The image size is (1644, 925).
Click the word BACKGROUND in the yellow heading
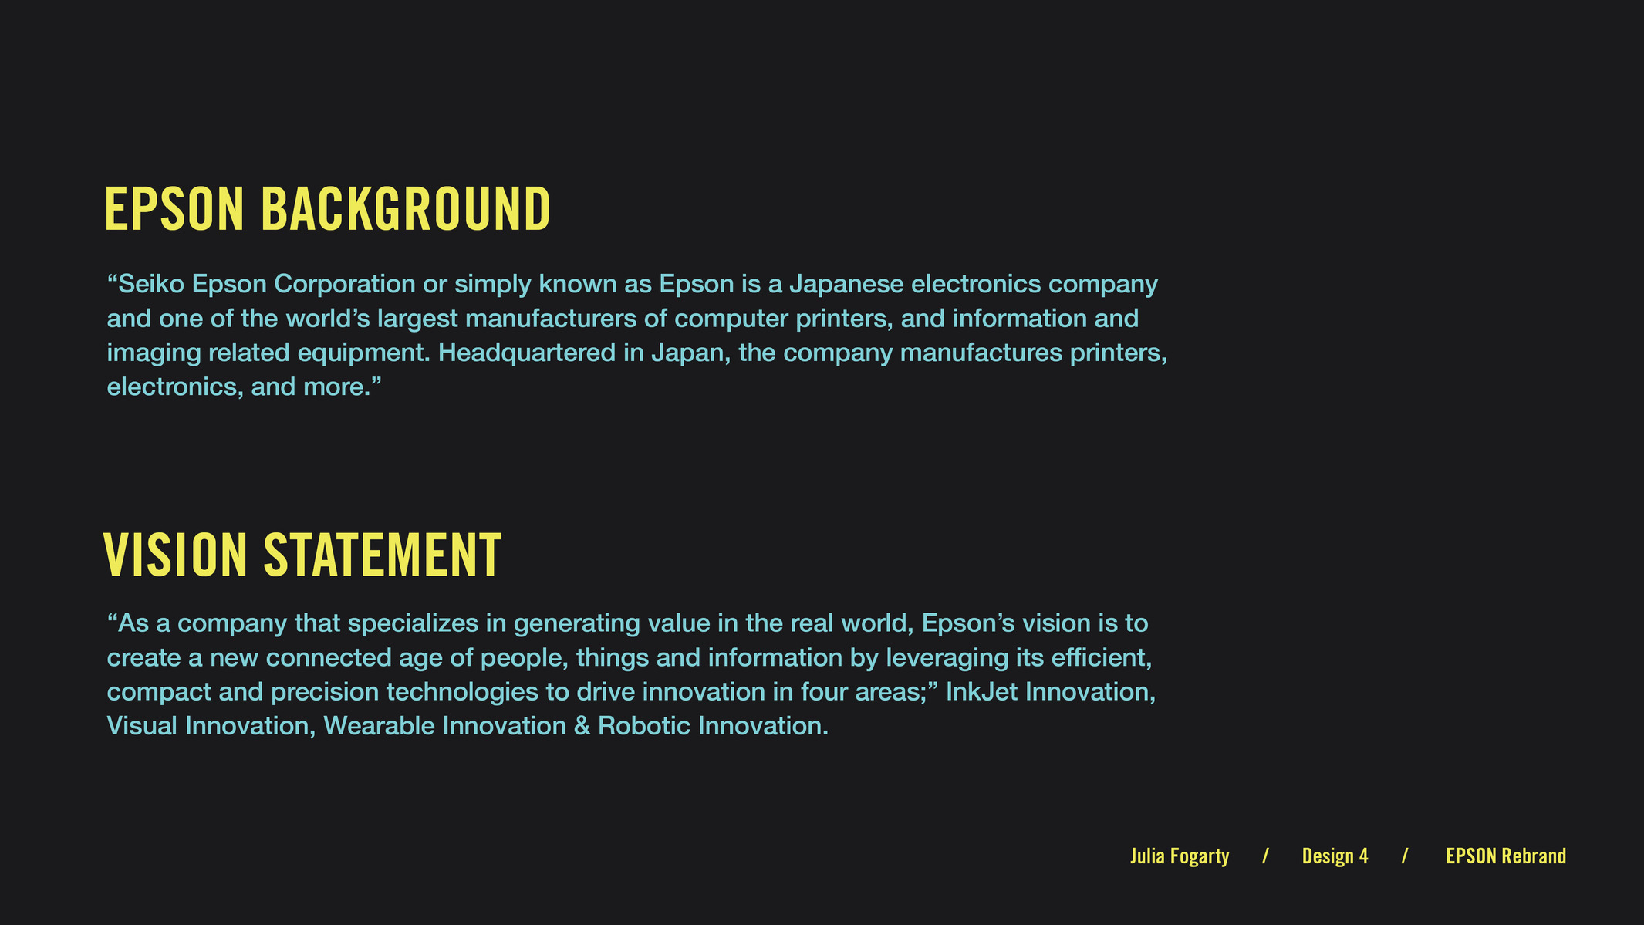click(406, 209)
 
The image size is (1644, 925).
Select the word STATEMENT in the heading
click(383, 555)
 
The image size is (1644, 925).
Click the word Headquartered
click(540, 353)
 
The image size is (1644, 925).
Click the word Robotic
click(644, 726)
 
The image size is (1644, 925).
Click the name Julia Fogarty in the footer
click(1180, 856)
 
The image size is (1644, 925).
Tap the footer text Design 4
click(1335, 856)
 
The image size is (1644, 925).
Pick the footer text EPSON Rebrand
click(1506, 856)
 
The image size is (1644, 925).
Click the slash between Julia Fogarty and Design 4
click(1265, 856)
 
